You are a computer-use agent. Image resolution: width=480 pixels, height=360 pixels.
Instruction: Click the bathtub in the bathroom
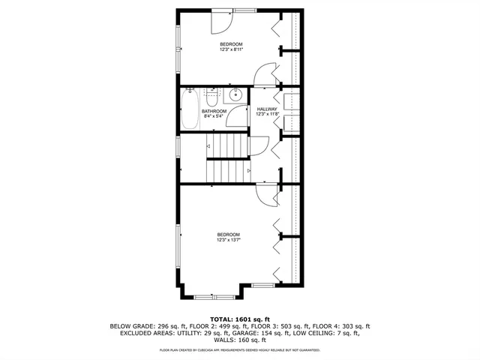pyautogui.click(x=189, y=109)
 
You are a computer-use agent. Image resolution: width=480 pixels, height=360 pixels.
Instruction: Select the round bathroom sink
pyautogui.click(x=235, y=94)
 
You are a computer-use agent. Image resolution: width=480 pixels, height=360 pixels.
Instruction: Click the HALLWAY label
pyautogui.click(x=267, y=109)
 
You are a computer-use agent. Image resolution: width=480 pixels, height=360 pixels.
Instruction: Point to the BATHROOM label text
pyautogui.click(x=214, y=111)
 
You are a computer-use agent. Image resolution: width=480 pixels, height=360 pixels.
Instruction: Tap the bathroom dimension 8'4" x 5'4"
pyautogui.click(x=214, y=116)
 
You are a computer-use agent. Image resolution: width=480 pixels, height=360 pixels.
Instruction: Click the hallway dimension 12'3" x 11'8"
pyautogui.click(x=267, y=114)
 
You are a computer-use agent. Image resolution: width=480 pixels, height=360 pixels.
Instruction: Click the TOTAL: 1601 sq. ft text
pyautogui.click(x=240, y=319)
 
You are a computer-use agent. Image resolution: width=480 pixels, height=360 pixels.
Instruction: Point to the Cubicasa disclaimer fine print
pyautogui.click(x=240, y=349)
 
